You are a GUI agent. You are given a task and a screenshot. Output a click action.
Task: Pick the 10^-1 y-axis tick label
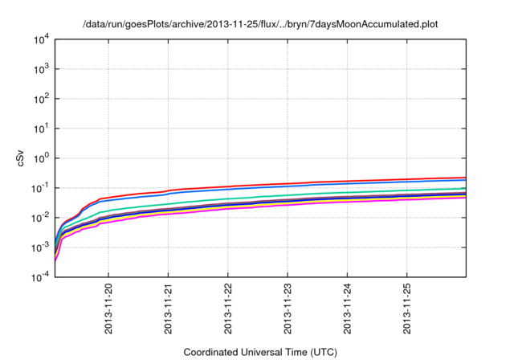click(40, 187)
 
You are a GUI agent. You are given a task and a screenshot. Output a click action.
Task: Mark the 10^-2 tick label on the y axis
click(40, 217)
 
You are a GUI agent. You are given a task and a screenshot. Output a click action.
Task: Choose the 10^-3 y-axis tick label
click(40, 247)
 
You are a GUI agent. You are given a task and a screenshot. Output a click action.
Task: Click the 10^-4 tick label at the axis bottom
click(40, 276)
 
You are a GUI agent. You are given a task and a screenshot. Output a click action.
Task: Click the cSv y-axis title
click(21, 157)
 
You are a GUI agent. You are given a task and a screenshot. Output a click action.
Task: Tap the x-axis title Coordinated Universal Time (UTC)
click(261, 352)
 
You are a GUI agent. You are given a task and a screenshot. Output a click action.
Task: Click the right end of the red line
click(465, 178)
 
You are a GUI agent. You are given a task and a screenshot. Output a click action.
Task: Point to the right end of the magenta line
click(465, 198)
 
